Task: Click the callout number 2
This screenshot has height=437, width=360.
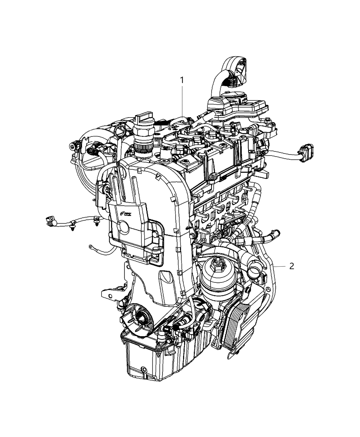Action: pyautogui.click(x=291, y=266)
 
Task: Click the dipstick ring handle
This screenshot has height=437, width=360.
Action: pyautogui.click(x=121, y=130)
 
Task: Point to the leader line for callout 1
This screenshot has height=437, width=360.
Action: pyautogui.click(x=182, y=103)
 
